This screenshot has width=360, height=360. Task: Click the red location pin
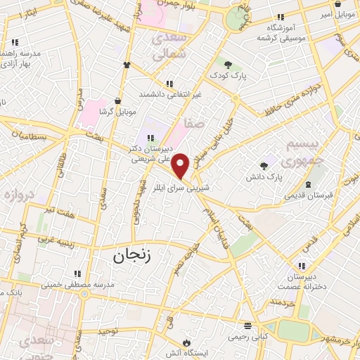(181, 166)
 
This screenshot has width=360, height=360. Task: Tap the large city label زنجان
(131, 257)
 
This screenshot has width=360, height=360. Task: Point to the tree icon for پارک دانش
(264, 166)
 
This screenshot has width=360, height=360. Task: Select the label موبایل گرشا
(115, 112)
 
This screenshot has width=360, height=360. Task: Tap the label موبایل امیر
(335, 13)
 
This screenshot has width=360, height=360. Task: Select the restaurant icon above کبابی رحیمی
(246, 326)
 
